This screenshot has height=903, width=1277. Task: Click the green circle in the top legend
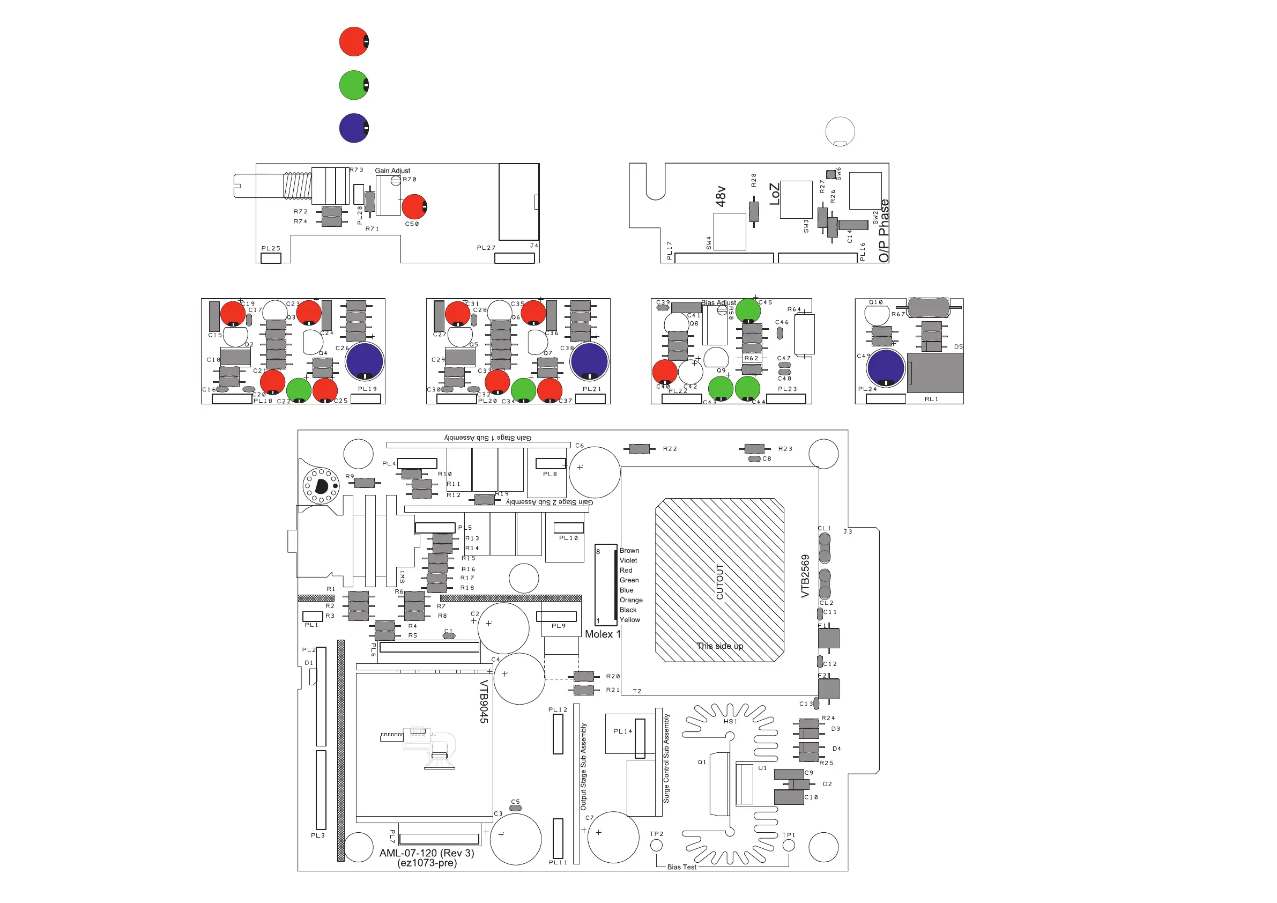click(x=354, y=85)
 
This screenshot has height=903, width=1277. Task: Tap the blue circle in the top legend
click(x=354, y=128)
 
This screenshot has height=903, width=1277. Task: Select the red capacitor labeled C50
click(x=414, y=206)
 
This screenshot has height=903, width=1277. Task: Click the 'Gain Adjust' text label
click(x=392, y=171)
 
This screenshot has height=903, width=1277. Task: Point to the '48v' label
click(x=721, y=196)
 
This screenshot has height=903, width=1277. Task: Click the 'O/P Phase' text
click(x=884, y=231)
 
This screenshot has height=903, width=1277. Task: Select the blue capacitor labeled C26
click(x=365, y=361)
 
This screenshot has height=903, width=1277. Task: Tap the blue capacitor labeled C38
click(x=589, y=361)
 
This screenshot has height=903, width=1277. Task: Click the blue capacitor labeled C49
click(x=886, y=368)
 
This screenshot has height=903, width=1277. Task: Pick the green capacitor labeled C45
click(x=748, y=310)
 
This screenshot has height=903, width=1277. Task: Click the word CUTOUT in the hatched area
click(x=719, y=581)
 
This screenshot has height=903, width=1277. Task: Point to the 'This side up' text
click(x=719, y=646)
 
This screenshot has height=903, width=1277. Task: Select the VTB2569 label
click(x=805, y=576)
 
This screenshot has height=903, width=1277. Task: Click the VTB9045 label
click(x=484, y=701)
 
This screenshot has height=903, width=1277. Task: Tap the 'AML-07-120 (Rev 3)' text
click(x=427, y=853)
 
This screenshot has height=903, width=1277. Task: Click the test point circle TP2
click(x=656, y=845)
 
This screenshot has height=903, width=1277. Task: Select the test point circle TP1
click(x=789, y=846)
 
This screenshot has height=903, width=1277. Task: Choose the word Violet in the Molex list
click(x=628, y=560)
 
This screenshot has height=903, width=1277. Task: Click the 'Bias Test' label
click(x=681, y=867)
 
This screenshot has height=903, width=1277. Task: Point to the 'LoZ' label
click(x=774, y=194)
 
